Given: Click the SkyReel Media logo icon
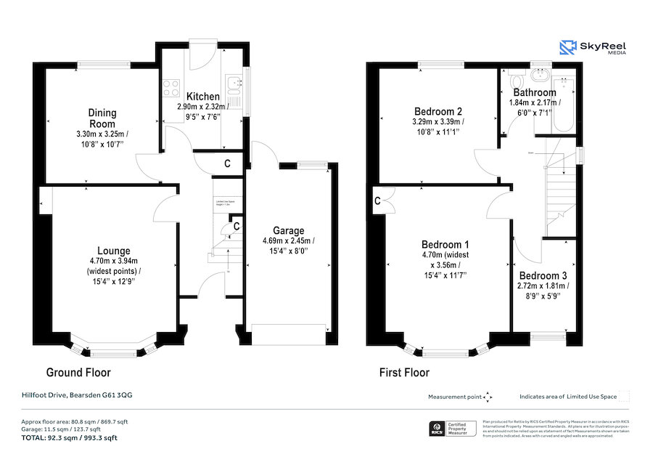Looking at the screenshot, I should tap(567, 48).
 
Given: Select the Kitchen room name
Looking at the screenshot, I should tap(202, 97).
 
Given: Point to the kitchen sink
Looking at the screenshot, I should tap(234, 88).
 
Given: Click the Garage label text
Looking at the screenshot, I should tap(288, 231).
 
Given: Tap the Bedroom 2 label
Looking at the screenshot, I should tap(438, 111).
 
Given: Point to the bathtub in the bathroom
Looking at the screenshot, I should tap(563, 105).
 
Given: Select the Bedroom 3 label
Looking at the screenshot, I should tap(543, 275).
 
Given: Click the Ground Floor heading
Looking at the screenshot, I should tap(78, 373).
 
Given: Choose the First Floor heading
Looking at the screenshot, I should tap(404, 373).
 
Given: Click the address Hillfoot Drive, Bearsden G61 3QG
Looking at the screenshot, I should tap(76, 395).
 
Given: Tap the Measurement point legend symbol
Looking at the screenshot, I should tap(488, 397).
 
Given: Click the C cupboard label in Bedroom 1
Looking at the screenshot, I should tap(378, 200).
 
